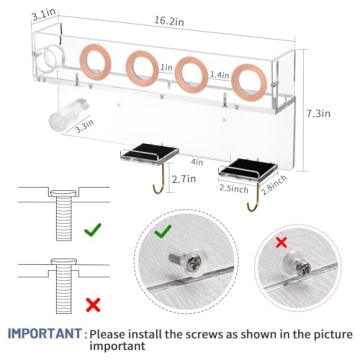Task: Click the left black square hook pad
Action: [145, 149]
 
